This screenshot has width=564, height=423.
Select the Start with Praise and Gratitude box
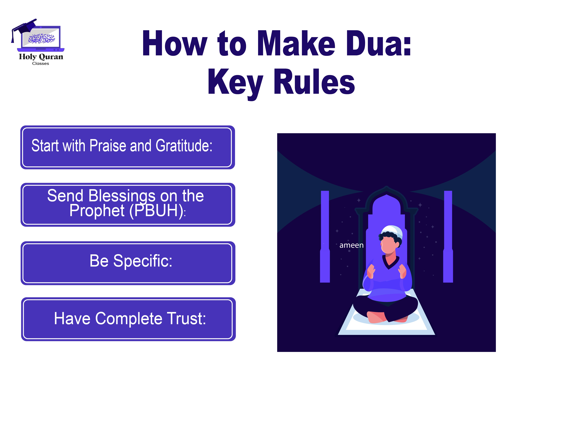pos(127,147)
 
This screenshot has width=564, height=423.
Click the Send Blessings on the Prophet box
pos(127,205)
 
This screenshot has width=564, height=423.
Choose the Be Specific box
pos(127,263)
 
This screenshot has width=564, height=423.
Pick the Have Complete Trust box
pos(128,319)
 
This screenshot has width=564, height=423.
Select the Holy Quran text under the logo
pos(41,57)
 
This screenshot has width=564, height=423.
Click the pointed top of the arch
pos(387,188)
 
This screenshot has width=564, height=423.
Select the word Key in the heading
pos(235,82)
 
